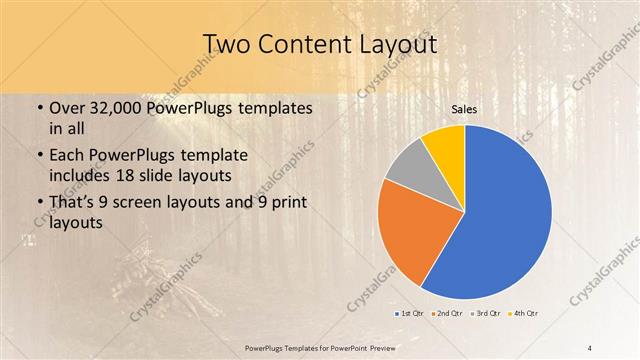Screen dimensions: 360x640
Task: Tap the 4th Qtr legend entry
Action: click(525, 314)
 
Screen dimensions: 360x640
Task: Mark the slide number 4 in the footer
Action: click(590, 346)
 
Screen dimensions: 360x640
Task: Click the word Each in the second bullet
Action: click(68, 156)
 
